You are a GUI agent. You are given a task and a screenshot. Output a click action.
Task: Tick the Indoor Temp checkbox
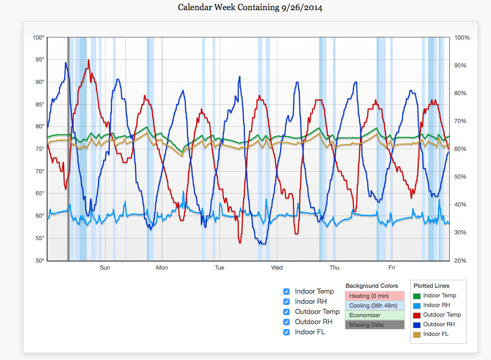coord(286,292)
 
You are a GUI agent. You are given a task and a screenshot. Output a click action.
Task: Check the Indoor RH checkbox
coord(286,302)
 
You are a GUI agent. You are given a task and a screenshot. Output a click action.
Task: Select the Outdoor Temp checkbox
coord(286,312)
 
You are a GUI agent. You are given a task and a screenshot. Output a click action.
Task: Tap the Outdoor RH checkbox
coord(286,322)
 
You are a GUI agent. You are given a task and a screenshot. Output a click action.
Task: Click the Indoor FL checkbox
coord(286,332)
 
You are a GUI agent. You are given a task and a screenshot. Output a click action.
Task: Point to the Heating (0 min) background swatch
coord(374,296)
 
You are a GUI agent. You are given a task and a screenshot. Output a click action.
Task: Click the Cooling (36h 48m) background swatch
coord(374,305)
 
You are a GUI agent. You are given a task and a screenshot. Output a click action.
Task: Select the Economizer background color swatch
coord(374,315)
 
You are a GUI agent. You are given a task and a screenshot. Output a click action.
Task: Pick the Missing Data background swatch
coord(374,325)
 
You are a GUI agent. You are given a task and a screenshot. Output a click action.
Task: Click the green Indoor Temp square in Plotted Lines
coord(418,296)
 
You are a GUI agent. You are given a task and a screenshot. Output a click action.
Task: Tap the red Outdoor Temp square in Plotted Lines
coord(418,315)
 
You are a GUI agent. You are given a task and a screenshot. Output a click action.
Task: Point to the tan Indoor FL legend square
coord(418,334)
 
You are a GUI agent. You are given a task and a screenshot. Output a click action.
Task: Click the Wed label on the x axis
coord(277,267)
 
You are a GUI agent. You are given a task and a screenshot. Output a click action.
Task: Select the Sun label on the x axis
coord(105,267)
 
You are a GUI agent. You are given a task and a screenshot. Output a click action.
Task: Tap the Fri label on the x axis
coord(391,267)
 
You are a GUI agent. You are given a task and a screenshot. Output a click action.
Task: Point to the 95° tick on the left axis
coord(39,60)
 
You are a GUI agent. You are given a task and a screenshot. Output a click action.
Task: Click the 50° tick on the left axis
coord(39,261)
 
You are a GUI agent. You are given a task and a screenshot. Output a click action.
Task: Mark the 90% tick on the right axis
coord(462,65)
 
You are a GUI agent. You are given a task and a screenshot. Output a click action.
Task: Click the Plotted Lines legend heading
coord(432,286)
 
